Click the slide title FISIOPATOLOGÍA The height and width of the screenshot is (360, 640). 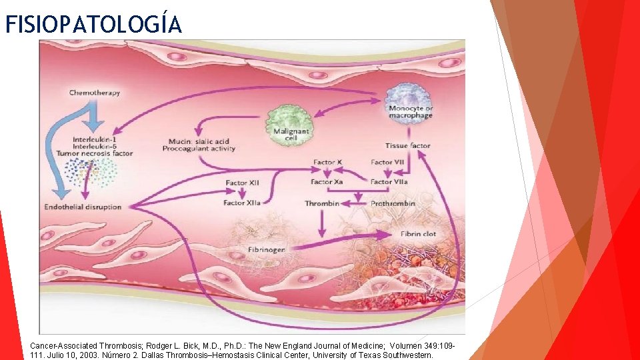coord(93,24)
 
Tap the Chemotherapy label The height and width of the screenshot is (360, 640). coord(95,93)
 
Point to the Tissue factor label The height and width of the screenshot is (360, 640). coord(407,146)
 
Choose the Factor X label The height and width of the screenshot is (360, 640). coord(328,162)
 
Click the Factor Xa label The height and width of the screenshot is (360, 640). coord(327,182)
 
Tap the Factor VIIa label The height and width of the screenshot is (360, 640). coord(389,182)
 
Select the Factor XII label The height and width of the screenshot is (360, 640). coord(242,183)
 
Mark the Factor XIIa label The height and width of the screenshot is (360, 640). coord(243,203)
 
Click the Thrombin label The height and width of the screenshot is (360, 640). coord(322,203)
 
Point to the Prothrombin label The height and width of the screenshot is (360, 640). coord(393,203)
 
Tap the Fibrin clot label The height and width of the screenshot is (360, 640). coord(419,235)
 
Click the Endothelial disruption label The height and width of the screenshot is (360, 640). coord(83,207)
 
